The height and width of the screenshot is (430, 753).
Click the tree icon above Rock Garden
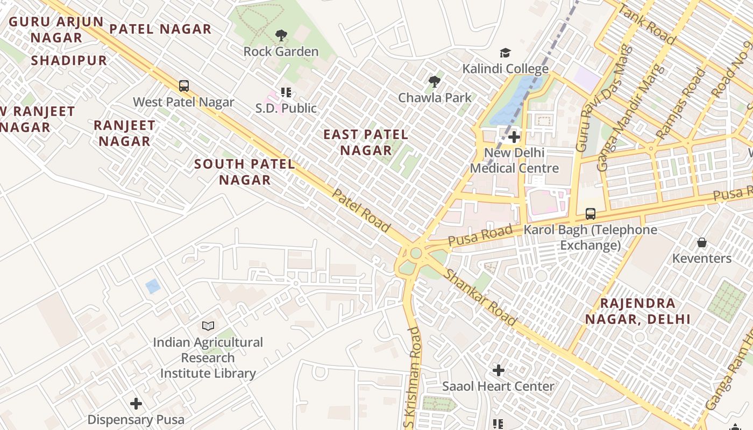(x=281, y=36)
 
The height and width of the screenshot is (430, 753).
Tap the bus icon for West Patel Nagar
(x=184, y=86)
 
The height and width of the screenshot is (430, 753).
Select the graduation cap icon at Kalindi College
(x=505, y=53)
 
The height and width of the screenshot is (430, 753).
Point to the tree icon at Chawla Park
(x=435, y=82)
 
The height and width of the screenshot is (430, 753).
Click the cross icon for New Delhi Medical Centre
(x=514, y=137)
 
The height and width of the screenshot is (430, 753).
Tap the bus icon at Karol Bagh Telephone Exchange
(x=591, y=214)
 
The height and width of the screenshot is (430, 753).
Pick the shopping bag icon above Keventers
(x=702, y=242)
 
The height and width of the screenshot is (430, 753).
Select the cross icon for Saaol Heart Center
(x=499, y=370)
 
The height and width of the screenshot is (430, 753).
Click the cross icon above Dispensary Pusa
(x=136, y=403)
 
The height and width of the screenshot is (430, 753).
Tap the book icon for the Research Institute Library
(x=208, y=326)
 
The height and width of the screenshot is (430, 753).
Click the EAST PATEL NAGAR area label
(x=366, y=142)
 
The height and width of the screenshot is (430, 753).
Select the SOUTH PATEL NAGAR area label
(x=245, y=172)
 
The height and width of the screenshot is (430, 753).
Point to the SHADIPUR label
(x=69, y=60)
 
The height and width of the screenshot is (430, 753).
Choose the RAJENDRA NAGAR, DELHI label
(x=637, y=311)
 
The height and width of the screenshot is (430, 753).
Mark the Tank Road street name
(x=647, y=24)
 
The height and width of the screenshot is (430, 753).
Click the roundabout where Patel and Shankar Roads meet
(x=415, y=253)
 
